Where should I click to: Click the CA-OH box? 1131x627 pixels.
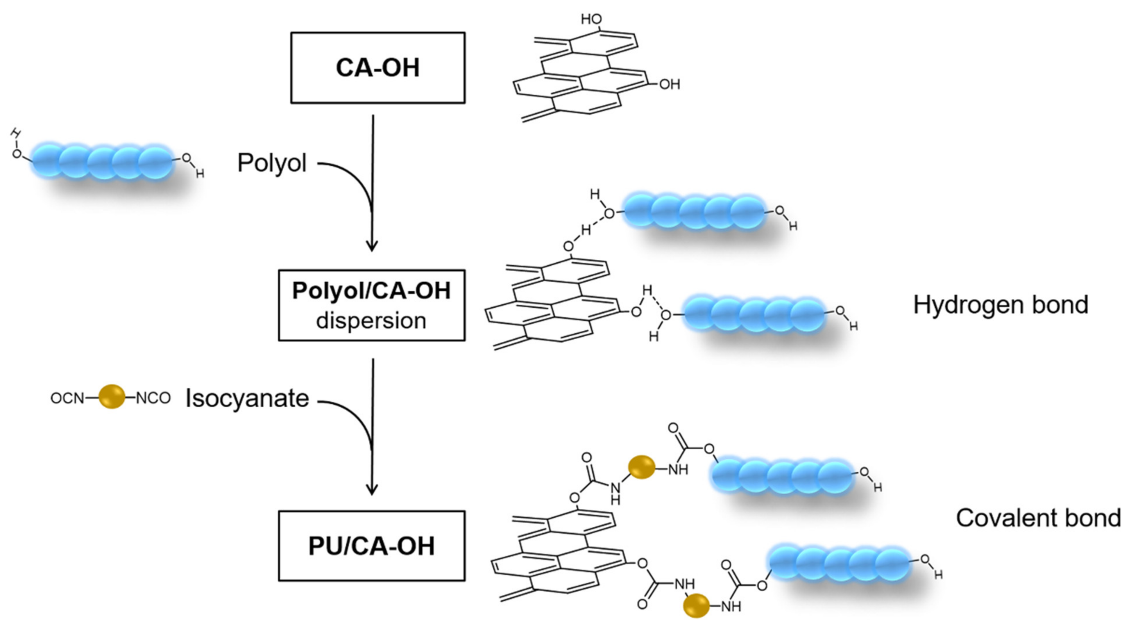(377, 68)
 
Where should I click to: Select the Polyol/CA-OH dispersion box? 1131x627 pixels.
(371, 305)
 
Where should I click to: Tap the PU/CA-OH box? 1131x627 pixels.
(371, 546)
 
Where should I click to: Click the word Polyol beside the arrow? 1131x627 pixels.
(272, 163)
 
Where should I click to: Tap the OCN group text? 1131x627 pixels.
(67, 398)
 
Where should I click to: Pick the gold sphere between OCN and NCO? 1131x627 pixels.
(112, 397)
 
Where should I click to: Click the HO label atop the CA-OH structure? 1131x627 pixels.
(591, 19)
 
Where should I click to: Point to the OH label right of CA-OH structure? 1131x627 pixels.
(670, 84)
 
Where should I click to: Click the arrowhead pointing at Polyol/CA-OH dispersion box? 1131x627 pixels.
(372, 246)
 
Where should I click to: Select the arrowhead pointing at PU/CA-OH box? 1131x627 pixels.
(372, 489)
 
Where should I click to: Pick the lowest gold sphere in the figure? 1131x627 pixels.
(696, 605)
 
